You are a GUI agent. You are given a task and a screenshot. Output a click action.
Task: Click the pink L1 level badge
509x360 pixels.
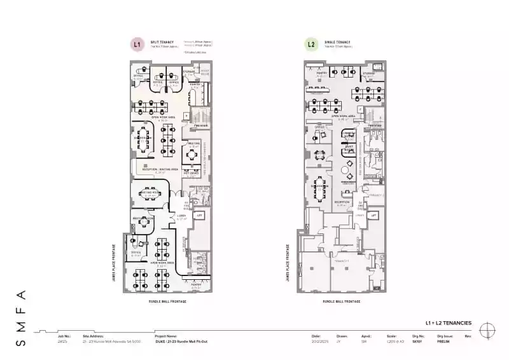pyautogui.click(x=135, y=45)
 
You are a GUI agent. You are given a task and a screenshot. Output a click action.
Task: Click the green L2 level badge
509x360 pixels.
pyautogui.click(x=310, y=45)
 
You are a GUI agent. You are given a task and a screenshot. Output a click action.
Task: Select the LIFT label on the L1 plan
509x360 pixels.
pyautogui.click(x=199, y=216)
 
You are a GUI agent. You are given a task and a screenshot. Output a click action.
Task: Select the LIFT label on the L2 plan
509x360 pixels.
pyautogui.click(x=375, y=216)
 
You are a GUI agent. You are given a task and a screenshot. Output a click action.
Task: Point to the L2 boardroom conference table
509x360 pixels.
pyautogui.click(x=320, y=188)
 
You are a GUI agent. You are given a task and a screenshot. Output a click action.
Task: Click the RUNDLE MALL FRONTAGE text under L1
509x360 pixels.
pyautogui.click(x=167, y=301)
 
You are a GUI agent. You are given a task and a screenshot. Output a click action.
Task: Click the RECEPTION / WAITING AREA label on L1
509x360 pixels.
pyautogui.click(x=155, y=170)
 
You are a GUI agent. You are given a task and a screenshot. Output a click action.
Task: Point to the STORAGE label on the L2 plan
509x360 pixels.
pyautogui.click(x=369, y=74)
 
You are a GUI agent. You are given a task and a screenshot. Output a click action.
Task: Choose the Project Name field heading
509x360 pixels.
pyautogui.click(x=166, y=336)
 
